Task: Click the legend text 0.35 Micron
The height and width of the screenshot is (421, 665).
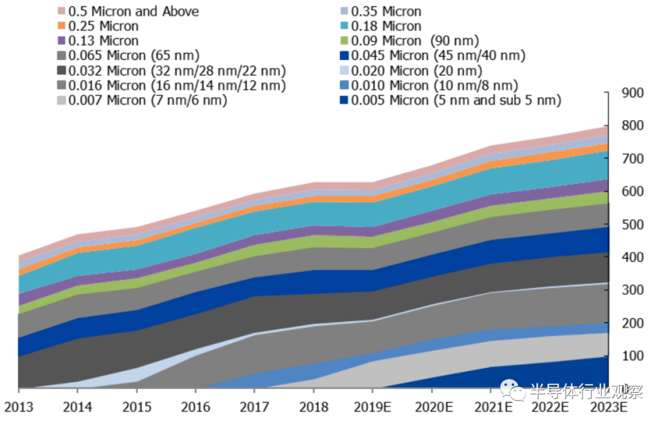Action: (386, 12)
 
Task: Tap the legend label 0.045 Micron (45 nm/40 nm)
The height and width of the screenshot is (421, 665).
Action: (438, 56)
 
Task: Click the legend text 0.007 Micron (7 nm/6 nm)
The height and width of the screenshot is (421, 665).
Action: (147, 100)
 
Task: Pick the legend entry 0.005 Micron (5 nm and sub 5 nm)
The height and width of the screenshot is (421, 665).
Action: (456, 100)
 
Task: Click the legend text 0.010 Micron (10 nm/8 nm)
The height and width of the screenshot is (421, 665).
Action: (434, 86)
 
